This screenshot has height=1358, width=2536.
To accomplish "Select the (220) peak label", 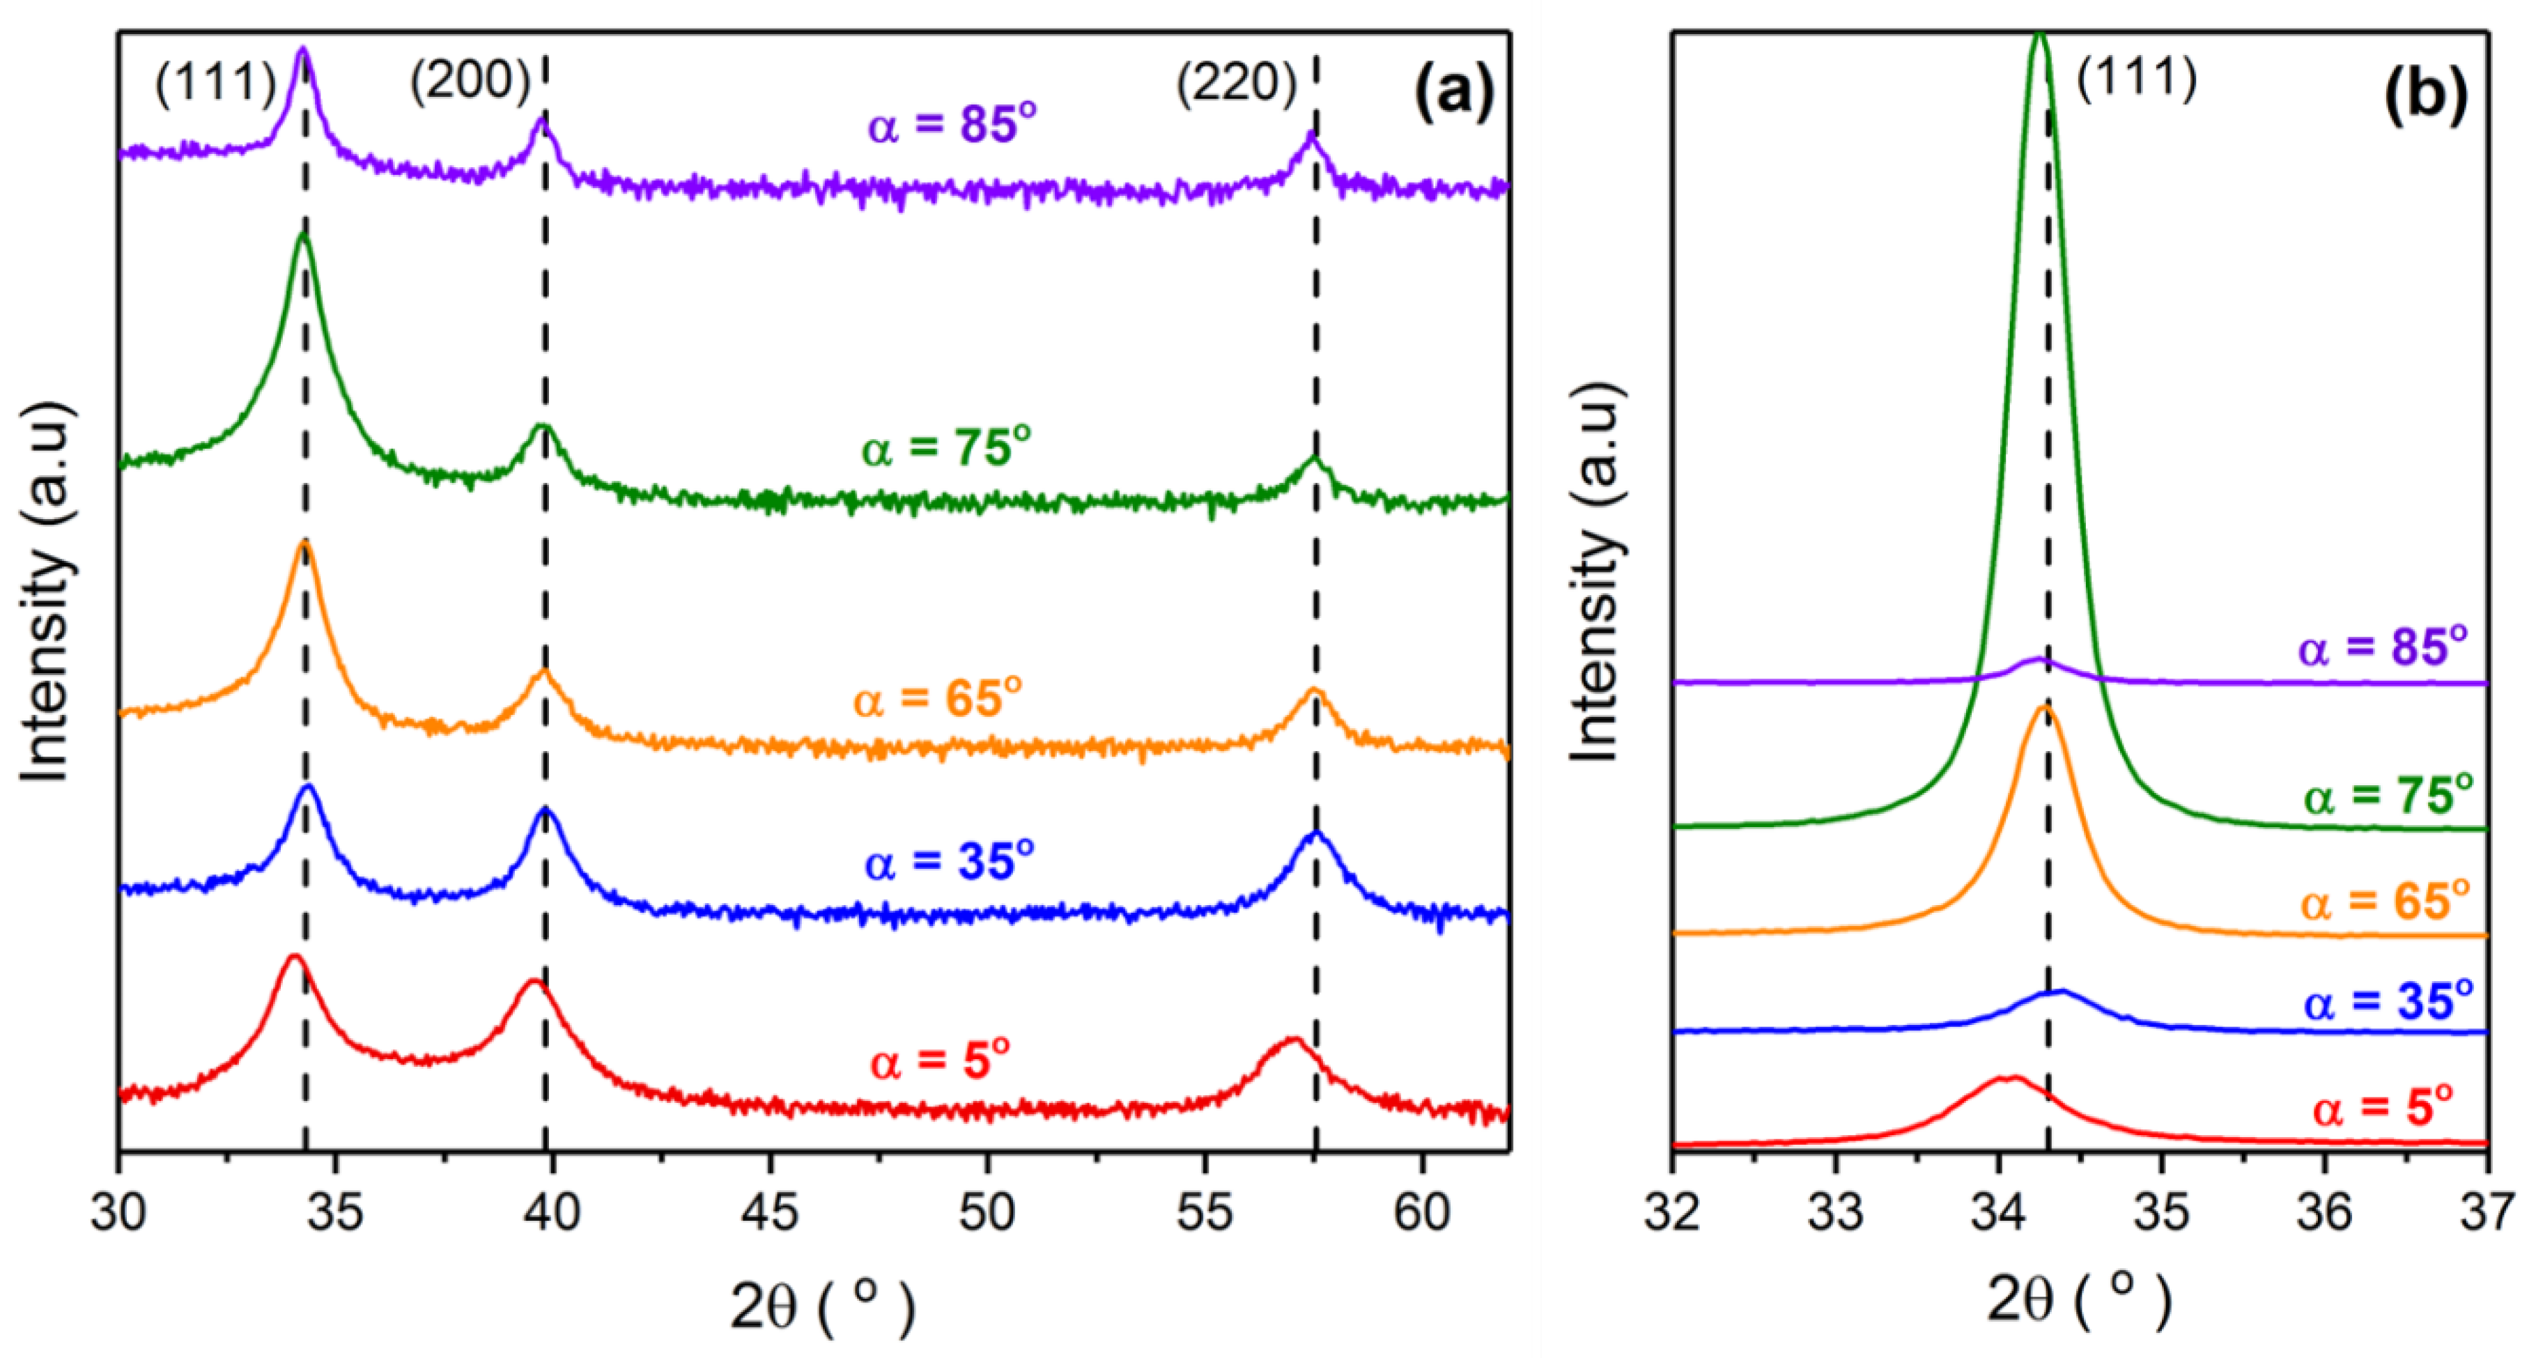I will point(1235,83).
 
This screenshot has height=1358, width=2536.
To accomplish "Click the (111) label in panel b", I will point(2136,77).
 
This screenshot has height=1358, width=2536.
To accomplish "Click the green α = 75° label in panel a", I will point(946,448).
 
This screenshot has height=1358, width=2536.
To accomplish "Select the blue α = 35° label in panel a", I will point(949,862).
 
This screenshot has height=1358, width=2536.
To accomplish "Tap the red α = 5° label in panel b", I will point(2383,1108).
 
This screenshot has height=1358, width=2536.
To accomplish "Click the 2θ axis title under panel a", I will point(822,1305).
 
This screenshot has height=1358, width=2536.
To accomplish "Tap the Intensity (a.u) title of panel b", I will point(1595,571).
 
